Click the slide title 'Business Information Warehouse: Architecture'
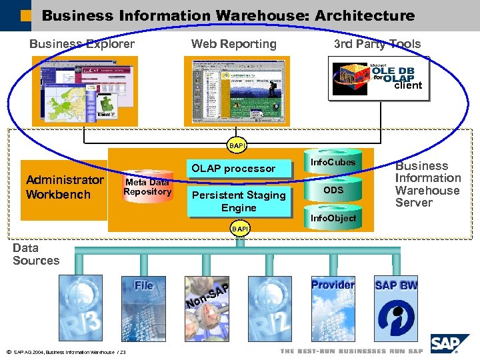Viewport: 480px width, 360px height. [227, 15]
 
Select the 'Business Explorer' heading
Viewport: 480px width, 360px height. [82, 44]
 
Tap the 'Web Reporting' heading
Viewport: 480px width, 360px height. [233, 44]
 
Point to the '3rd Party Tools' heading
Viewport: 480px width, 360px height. [377, 44]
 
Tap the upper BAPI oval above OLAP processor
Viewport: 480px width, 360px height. [237, 145]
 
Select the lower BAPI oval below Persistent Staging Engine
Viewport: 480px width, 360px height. [239, 229]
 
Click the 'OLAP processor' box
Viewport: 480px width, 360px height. [233, 169]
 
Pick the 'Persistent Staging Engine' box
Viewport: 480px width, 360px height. [239, 201]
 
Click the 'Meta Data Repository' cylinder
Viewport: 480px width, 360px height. [148, 187]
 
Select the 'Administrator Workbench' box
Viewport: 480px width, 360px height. [64, 188]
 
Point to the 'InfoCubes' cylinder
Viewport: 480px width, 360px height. [333, 163]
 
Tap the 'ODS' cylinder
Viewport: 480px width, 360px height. [333, 191]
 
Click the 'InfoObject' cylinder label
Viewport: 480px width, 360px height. [333, 218]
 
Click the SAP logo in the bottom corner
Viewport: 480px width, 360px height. [450, 343]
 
